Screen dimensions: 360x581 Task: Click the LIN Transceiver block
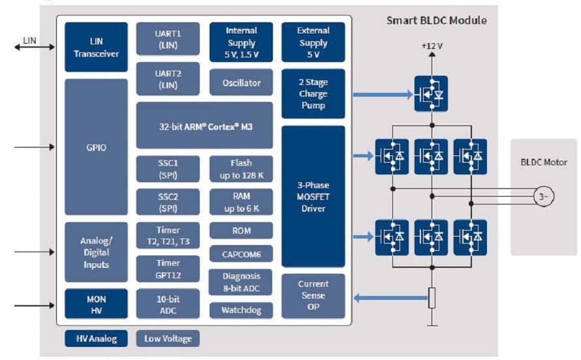[97, 47]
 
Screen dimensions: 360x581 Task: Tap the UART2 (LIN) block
[168, 79]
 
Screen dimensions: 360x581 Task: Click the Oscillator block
[241, 83]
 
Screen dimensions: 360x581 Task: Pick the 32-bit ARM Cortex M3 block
[204, 125]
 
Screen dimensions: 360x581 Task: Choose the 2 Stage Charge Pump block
[313, 93]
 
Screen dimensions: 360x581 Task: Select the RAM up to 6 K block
[241, 203]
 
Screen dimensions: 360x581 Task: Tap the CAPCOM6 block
[241, 254]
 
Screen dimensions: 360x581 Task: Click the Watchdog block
[241, 310]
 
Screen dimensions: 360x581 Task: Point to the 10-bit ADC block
[168, 304]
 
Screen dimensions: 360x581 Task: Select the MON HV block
[97, 304]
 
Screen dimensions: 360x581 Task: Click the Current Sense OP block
[313, 295]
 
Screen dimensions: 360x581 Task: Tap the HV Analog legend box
[97, 338]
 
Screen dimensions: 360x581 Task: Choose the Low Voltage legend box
[168, 338]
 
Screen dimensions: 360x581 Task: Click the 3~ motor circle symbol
[543, 197]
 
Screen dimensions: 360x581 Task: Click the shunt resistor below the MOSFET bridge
[431, 298]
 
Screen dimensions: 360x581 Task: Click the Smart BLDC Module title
[436, 20]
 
